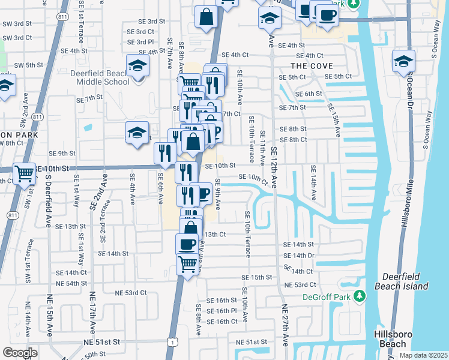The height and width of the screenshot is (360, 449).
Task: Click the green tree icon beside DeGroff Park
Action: pyautogui.click(x=360, y=296)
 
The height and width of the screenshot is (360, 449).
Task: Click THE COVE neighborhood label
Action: pyautogui.click(x=312, y=65)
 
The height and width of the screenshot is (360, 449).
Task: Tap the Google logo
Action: pyautogui.click(x=20, y=353)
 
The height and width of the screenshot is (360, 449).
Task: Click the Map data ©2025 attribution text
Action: pyautogui.click(x=423, y=355)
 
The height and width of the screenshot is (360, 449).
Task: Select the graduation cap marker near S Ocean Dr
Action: pyautogui.click(x=403, y=61)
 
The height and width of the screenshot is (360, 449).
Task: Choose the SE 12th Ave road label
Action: pyautogui.click(x=274, y=168)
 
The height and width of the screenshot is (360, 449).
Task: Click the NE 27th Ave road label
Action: pyautogui.click(x=286, y=324)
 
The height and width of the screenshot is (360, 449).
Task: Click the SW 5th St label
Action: pyautogui.click(x=28, y=65)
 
